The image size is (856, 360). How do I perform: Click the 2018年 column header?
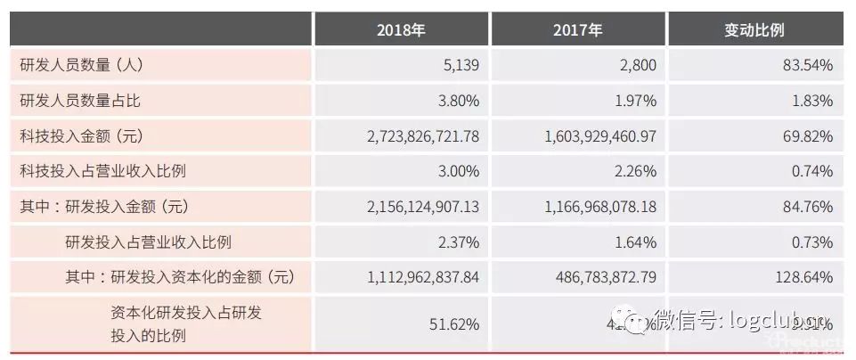(401, 29)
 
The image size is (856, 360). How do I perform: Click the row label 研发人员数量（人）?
(82, 65)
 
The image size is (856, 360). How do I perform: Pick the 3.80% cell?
(458, 101)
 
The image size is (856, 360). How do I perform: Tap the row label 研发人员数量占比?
(80, 101)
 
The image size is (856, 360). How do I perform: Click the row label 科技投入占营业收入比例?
(102, 171)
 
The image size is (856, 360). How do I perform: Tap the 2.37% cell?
(458, 241)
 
